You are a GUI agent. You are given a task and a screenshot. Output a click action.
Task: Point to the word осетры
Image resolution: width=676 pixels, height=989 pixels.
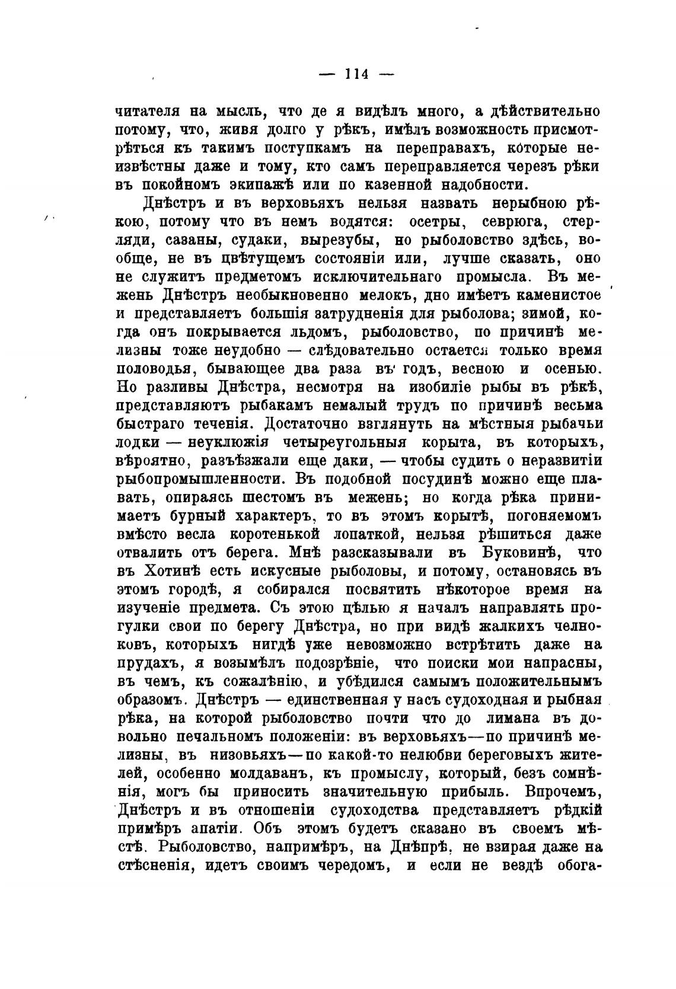(427, 222)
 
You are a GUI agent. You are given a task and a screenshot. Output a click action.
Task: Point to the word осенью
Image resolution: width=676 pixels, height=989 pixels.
(567, 369)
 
